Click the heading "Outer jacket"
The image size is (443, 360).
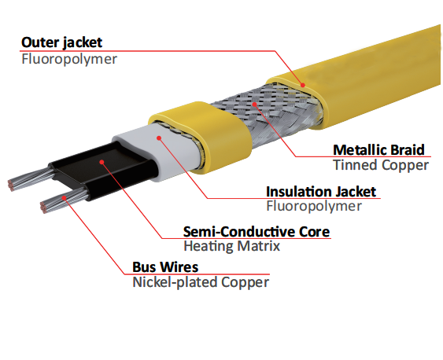pyautogui.click(x=61, y=43)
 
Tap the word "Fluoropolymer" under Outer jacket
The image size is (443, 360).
pyautogui.click(x=69, y=60)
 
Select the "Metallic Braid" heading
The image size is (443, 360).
pyautogui.click(x=378, y=150)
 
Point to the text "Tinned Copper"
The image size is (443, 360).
pyautogui.click(x=381, y=165)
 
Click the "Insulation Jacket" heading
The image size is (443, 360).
pyautogui.click(x=321, y=192)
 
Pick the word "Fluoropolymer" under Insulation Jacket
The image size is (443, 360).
pyautogui.click(x=314, y=206)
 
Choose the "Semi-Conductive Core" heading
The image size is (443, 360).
pyautogui.click(x=257, y=232)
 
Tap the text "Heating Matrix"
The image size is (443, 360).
pyautogui.click(x=231, y=246)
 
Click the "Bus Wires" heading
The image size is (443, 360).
pyautogui.click(x=165, y=267)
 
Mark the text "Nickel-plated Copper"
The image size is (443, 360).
pyautogui.click(x=201, y=282)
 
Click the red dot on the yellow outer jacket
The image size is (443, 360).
pyautogui.click(x=303, y=85)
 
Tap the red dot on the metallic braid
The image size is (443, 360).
pyautogui.click(x=255, y=105)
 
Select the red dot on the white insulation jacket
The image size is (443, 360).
pyautogui.click(x=159, y=138)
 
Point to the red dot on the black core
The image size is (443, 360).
pyautogui.click(x=102, y=162)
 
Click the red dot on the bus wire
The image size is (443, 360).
pyautogui.click(x=65, y=197)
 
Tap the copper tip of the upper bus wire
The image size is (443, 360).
pyautogui.click(x=11, y=185)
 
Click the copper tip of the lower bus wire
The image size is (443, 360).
pyautogui.click(x=43, y=207)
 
